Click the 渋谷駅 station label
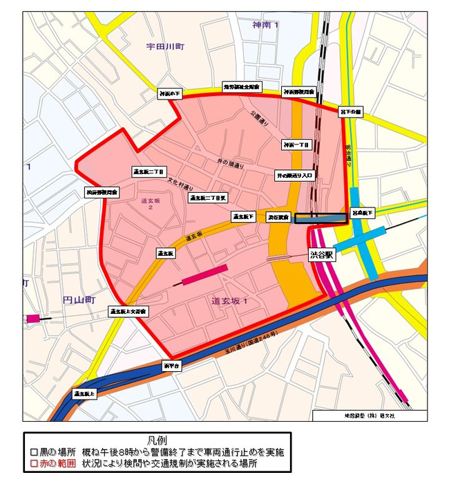pyautogui.click(x=321, y=254)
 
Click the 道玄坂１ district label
pyautogui.click(x=229, y=301)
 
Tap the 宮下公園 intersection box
pyautogui.click(x=351, y=111)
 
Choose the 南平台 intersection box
pyautogui.click(x=171, y=364)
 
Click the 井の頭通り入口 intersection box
pyautogui.click(x=295, y=176)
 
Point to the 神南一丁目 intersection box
pyautogui.click(x=296, y=144)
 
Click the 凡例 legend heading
pyautogui.click(x=157, y=440)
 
